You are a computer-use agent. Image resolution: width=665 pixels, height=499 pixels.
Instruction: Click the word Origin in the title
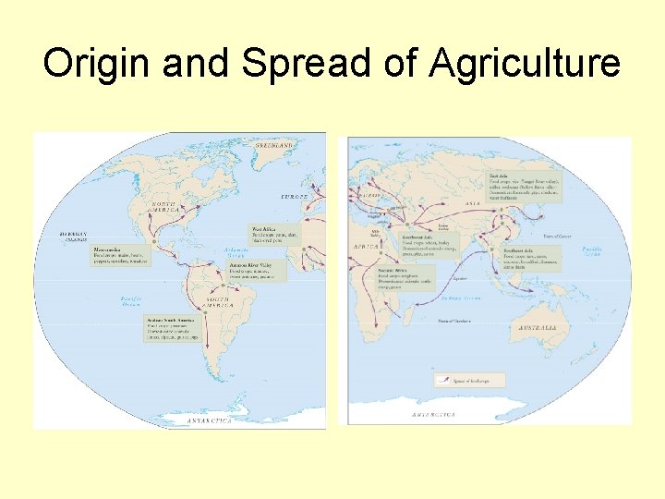91,64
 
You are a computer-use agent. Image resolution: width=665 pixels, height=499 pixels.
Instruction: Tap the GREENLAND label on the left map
274,145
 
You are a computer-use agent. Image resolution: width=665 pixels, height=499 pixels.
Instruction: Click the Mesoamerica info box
120,255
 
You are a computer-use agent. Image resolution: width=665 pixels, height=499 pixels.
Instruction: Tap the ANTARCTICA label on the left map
209,420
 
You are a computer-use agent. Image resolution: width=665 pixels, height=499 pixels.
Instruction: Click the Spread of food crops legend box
469,380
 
